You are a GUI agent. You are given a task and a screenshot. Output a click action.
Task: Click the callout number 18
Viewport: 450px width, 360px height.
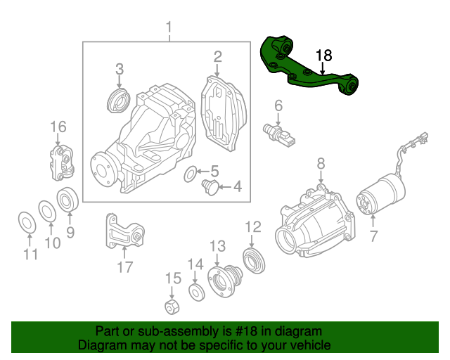click(323, 56)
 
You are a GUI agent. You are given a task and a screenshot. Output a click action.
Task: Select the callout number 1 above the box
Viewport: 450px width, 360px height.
click(169, 28)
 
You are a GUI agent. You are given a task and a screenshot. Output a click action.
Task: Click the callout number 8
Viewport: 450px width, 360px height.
click(321, 163)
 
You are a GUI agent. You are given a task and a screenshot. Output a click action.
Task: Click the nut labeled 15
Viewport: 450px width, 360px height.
click(170, 306)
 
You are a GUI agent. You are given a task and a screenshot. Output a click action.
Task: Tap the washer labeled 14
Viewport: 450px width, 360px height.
click(195, 291)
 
